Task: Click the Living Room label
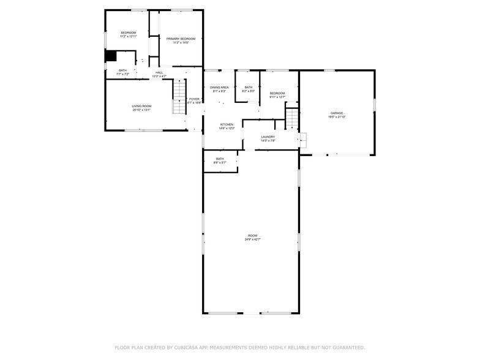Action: [x=141, y=107]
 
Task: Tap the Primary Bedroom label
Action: [x=181, y=39]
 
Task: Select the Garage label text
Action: [x=337, y=113]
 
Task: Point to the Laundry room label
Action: [x=268, y=137]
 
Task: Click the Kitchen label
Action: [x=227, y=124]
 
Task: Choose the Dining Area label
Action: [x=219, y=88]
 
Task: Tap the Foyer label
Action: [x=194, y=99]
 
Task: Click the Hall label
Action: [x=159, y=73]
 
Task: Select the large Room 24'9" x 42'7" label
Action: [x=252, y=236]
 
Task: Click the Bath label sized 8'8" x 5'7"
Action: [x=219, y=159]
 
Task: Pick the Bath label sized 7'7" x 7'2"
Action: [x=122, y=70]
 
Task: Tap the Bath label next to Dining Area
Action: [x=249, y=87]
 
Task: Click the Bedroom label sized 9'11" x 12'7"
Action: [x=277, y=93]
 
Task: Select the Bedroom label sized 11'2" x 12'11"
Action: [x=128, y=32]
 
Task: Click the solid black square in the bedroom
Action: [x=110, y=56]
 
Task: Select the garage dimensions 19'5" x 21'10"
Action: [x=337, y=116]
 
